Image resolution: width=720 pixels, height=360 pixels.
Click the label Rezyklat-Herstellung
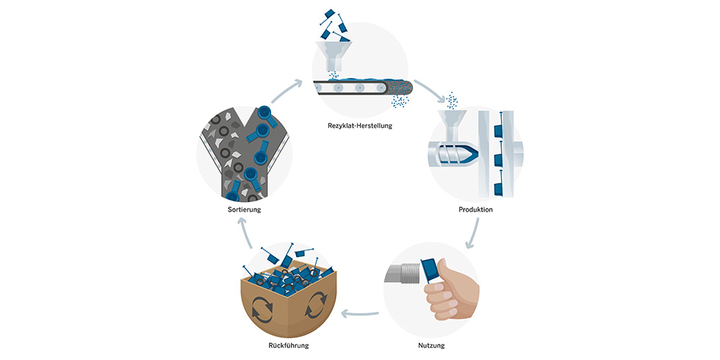[x=360, y=126]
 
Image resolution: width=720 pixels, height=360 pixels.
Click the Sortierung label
[x=244, y=209]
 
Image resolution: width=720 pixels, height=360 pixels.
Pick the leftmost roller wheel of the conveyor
[x=318, y=88]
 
